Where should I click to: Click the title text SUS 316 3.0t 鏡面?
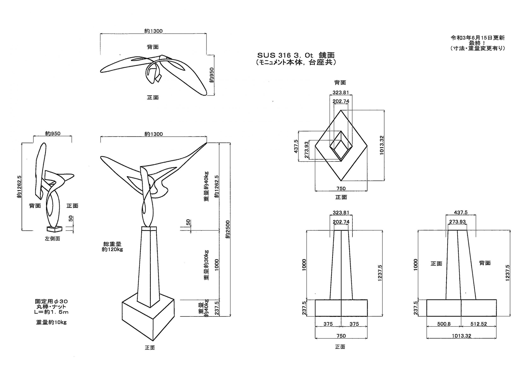click(x=296, y=55)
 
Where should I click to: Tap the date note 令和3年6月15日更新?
click(x=478, y=38)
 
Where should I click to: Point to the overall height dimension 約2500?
click(x=228, y=229)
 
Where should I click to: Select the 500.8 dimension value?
click(x=444, y=324)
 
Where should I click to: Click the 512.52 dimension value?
click(x=478, y=324)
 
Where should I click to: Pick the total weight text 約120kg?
click(x=112, y=249)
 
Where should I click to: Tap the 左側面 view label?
click(x=52, y=239)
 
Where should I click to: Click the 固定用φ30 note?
click(x=51, y=301)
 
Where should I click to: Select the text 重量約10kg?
click(x=51, y=322)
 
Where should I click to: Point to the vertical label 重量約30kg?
click(x=206, y=265)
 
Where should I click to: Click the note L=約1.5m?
click(x=51, y=312)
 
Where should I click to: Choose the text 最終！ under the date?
click(x=477, y=43)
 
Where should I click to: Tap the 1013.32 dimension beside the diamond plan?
click(x=382, y=145)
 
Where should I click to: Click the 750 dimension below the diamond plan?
click(x=341, y=189)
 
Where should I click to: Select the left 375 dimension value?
click(x=328, y=324)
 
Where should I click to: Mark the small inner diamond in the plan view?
click(x=341, y=146)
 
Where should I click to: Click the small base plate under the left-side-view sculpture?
click(x=54, y=229)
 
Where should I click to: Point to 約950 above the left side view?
click(x=52, y=134)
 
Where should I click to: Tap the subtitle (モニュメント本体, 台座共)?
click(x=296, y=63)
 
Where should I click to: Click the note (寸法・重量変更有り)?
click(x=478, y=48)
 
